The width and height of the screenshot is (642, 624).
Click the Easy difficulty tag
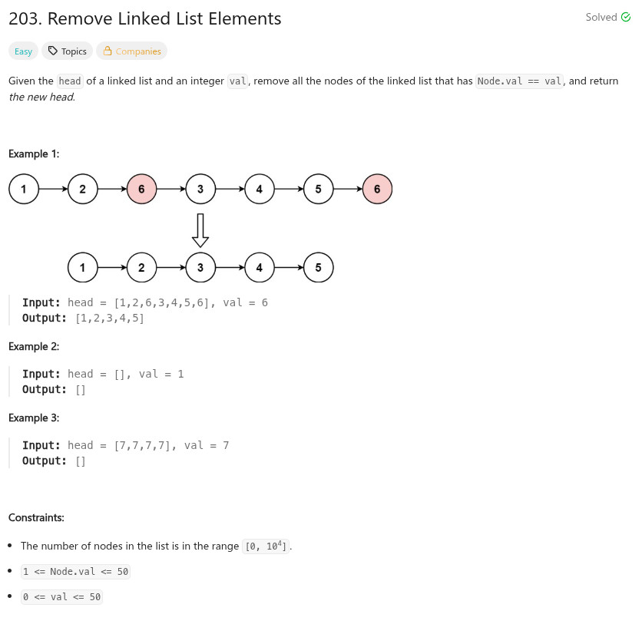point(23,51)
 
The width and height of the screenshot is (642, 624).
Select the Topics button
point(67,51)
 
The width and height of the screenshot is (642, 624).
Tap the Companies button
point(131,51)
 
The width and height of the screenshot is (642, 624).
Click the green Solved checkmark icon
point(625,18)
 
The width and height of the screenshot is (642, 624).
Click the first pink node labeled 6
point(141,189)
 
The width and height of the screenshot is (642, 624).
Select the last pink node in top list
point(377,189)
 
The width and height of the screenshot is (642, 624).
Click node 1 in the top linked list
point(24,189)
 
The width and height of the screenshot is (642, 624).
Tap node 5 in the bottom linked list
point(318,268)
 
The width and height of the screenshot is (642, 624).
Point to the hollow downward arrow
point(200,229)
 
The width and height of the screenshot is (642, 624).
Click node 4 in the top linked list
point(260,189)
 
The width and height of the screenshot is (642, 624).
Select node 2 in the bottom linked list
point(141,268)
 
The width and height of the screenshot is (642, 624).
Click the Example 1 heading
point(34,154)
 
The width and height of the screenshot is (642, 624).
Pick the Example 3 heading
point(34,418)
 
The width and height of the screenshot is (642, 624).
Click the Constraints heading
point(36,518)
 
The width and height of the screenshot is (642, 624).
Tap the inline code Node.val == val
point(520,81)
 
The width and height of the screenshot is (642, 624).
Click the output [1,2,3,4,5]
point(110,318)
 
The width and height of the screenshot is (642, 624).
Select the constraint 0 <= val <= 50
point(62,597)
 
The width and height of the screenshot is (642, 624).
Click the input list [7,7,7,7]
point(142,445)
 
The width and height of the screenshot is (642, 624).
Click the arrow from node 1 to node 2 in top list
point(53,189)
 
